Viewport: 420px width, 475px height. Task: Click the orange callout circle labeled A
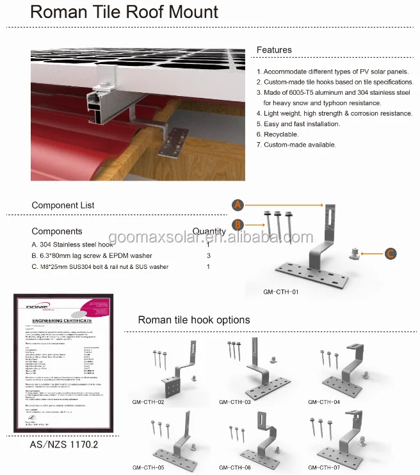coord(238,205)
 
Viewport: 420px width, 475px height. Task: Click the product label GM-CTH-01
coord(281,292)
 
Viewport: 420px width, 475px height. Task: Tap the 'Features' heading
coord(274,50)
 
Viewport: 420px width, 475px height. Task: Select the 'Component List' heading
coord(63,205)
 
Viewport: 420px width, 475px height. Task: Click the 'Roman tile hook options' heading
coord(194,320)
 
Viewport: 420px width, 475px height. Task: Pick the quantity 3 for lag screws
coord(208,255)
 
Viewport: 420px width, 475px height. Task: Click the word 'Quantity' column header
coord(209,232)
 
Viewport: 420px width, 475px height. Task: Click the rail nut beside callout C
coord(353,253)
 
